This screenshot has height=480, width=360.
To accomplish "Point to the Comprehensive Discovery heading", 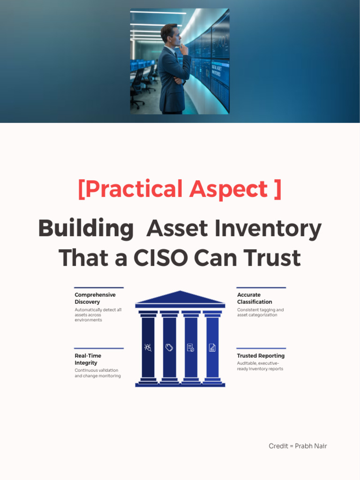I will click(x=95, y=298).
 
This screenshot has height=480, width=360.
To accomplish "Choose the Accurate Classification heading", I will click(x=255, y=298).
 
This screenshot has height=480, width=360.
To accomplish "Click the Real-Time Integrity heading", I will click(x=88, y=359).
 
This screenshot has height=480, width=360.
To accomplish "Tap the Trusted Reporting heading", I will click(x=261, y=356).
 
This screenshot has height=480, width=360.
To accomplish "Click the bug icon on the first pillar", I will click(x=148, y=347).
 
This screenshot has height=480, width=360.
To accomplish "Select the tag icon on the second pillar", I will click(x=169, y=347).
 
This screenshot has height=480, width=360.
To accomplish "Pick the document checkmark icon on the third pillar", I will click(x=190, y=347).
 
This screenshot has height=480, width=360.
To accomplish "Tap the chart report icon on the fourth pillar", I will click(x=212, y=347).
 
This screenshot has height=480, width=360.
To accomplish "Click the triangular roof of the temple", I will click(x=180, y=298).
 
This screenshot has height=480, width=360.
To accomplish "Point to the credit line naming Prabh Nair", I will click(x=298, y=446).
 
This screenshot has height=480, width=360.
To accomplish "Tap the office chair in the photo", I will click(x=137, y=91).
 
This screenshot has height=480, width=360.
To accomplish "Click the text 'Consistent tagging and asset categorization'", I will click(x=260, y=312).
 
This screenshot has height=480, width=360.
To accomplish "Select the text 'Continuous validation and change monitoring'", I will click(x=97, y=373).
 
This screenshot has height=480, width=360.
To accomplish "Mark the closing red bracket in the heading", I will click(x=277, y=189).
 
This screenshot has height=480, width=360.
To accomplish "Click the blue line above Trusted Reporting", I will click(x=261, y=348).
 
